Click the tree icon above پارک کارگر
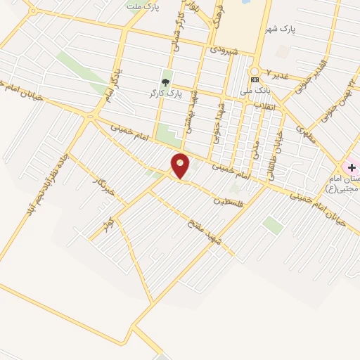tap(166, 82)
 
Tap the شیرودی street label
tap(229, 51)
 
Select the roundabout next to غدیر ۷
tap(255, 72)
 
